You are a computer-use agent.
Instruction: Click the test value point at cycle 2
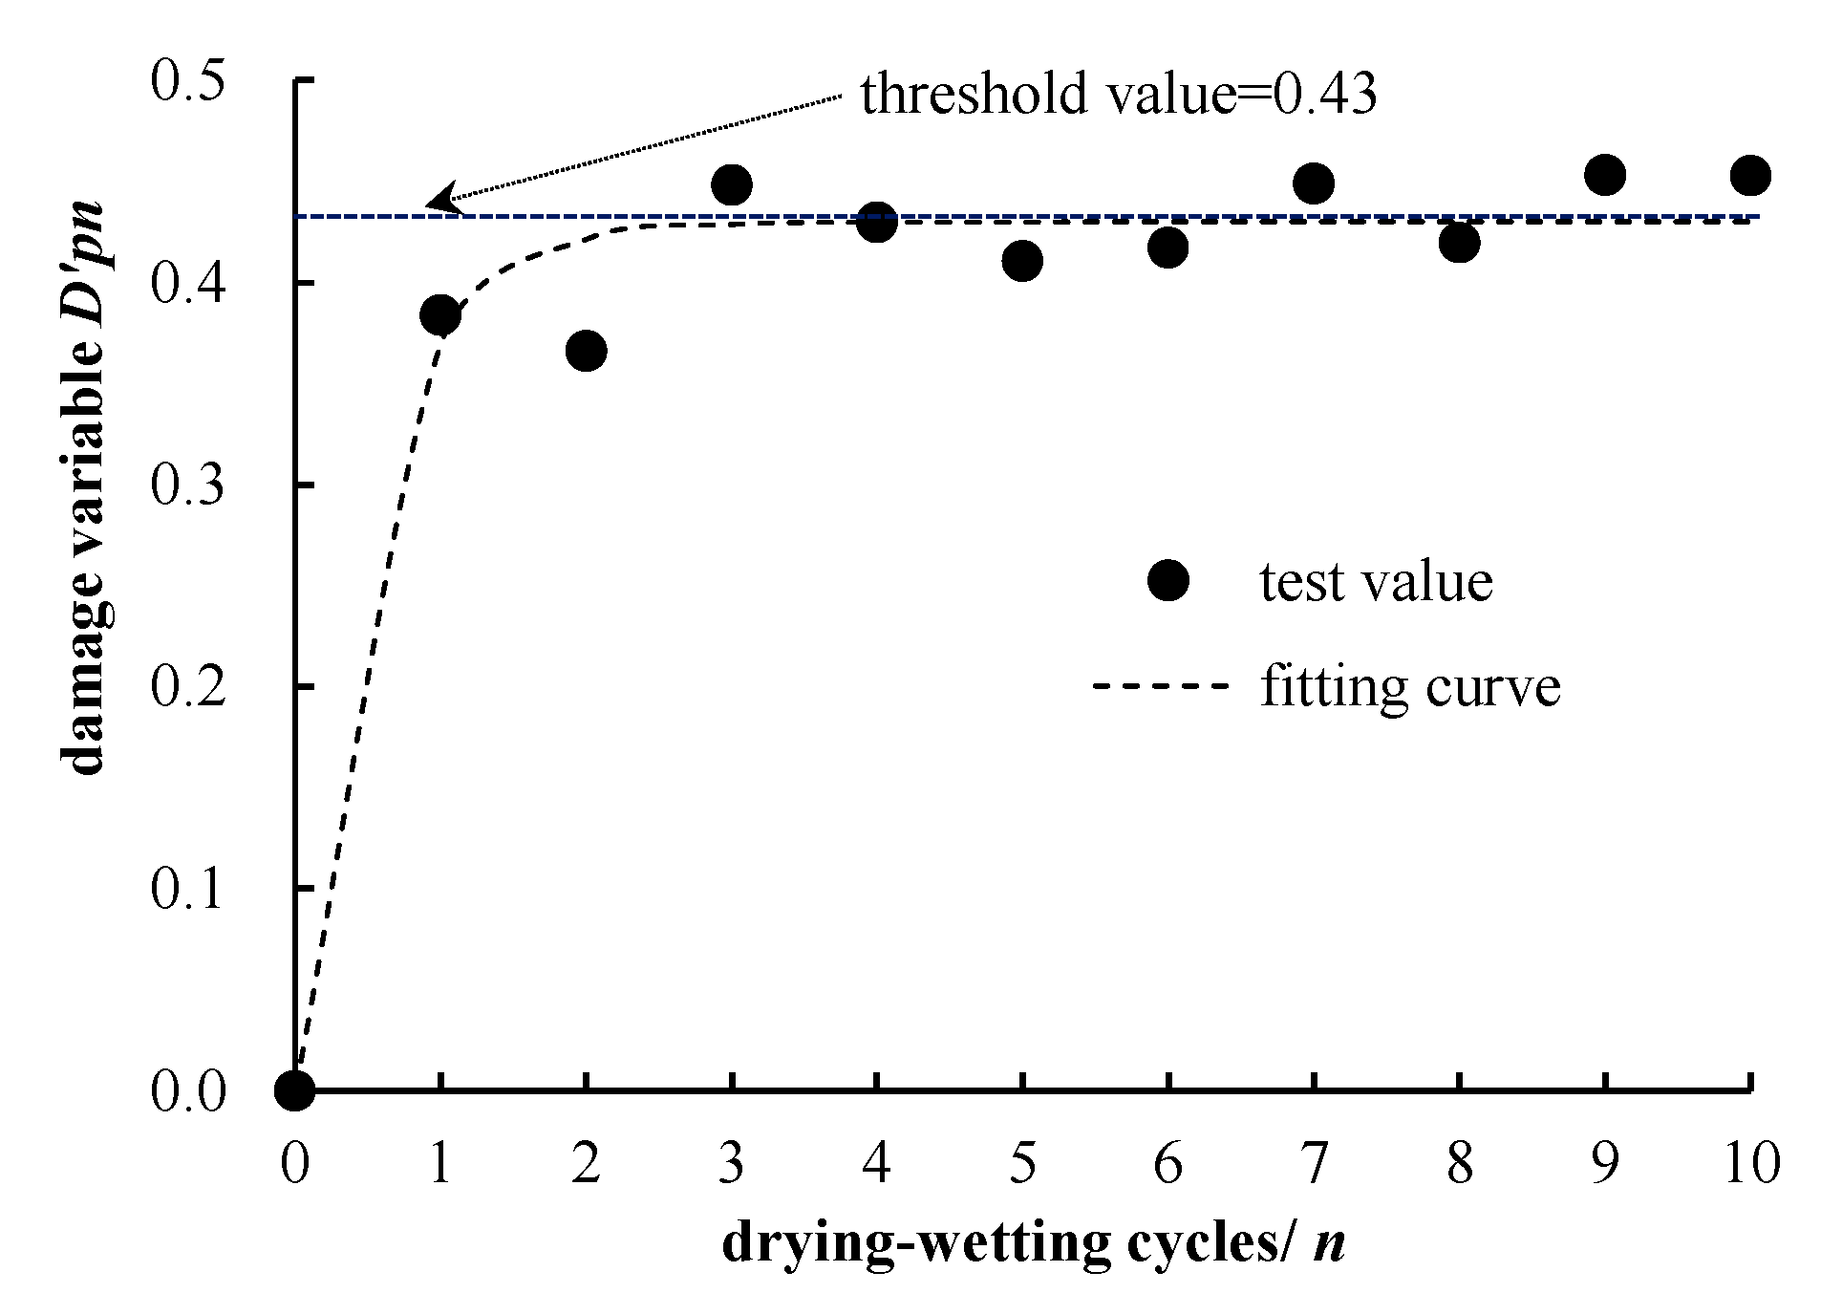tap(586, 351)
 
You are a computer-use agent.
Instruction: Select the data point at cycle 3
tap(732, 184)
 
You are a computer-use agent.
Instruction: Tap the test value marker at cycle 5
tap(1022, 260)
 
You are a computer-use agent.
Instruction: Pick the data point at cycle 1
tap(440, 314)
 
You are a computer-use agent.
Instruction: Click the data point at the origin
tap(294, 1089)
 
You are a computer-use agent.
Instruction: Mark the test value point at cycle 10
tap(1750, 175)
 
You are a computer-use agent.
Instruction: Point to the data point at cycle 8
tap(1459, 243)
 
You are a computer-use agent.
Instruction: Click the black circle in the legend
tap(1167, 581)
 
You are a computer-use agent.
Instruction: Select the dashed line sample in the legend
tap(1159, 686)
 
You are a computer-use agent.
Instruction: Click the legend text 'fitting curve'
tap(1410, 686)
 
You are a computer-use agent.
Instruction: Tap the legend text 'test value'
tap(1376, 581)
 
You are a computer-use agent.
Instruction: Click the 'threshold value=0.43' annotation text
tap(1119, 94)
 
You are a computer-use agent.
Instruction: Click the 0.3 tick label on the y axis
tap(187, 485)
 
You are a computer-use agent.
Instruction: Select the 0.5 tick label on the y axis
tap(187, 82)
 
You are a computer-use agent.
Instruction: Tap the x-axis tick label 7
tap(1314, 1164)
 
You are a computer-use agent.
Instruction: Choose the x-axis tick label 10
tap(1751, 1164)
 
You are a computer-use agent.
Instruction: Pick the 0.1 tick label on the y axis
tap(187, 889)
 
